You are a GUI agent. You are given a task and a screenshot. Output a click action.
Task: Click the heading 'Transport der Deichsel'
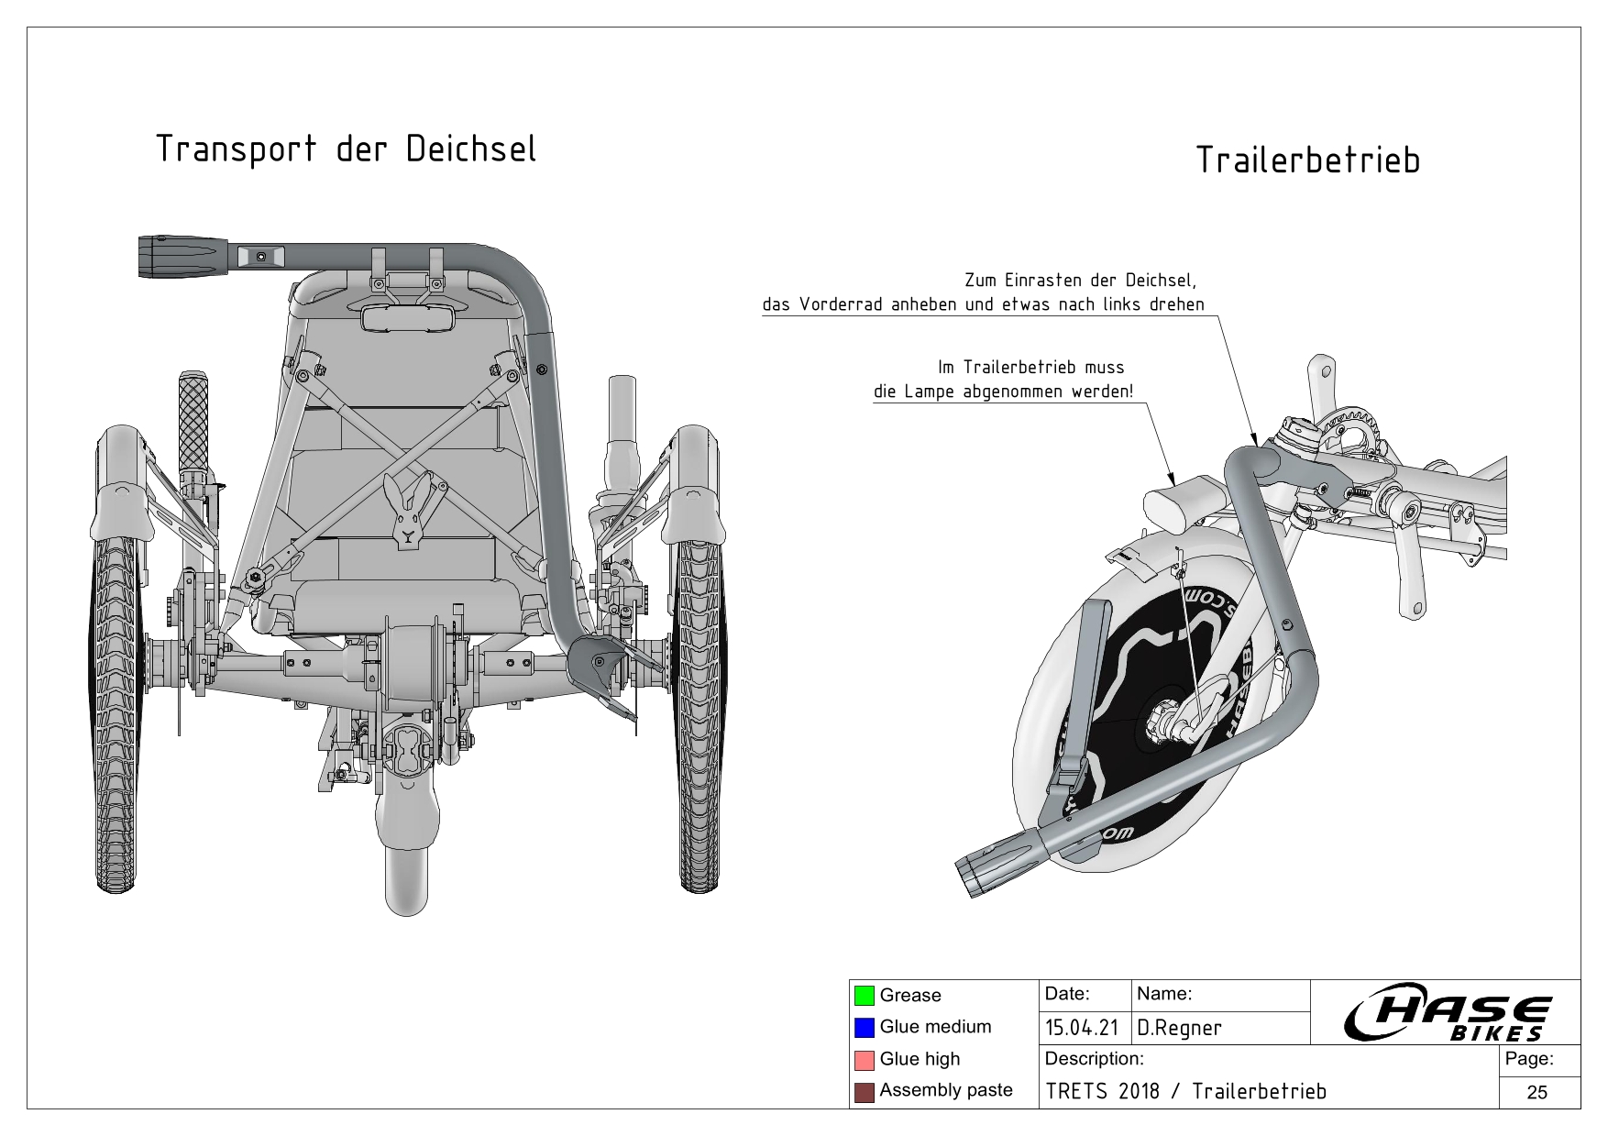coord(346,149)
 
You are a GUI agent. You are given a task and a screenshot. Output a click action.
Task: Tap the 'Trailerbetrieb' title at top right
coord(1307,161)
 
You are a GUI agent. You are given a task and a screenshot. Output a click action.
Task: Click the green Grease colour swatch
coord(864,996)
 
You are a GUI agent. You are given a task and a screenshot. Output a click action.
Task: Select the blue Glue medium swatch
coord(864,1028)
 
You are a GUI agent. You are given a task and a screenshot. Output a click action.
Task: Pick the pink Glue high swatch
coord(864,1060)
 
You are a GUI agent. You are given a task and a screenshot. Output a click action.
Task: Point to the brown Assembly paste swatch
coord(864,1091)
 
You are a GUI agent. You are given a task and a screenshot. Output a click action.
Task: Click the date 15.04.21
coord(1082,1029)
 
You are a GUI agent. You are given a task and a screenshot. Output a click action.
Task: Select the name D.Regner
coord(1179,1029)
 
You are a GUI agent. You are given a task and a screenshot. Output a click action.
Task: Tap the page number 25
coord(1537,1092)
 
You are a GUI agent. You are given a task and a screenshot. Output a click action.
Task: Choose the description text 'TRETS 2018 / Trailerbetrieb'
coord(1185,1092)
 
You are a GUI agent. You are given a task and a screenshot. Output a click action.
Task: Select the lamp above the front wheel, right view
coord(1178,500)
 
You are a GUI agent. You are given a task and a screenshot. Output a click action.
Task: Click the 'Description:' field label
coord(1094,1060)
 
